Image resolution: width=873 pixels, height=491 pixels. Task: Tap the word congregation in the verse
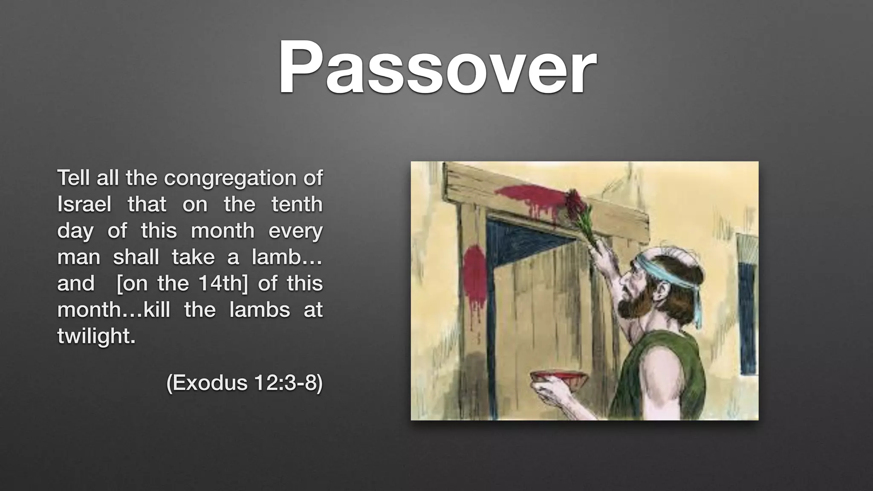231,178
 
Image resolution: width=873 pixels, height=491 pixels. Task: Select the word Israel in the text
84,205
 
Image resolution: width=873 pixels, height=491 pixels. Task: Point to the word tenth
297,205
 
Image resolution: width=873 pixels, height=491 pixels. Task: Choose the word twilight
96,336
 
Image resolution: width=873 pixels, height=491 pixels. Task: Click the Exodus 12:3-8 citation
244,383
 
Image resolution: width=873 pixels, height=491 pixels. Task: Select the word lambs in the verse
259,310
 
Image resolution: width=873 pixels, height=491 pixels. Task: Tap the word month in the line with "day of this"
222,231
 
